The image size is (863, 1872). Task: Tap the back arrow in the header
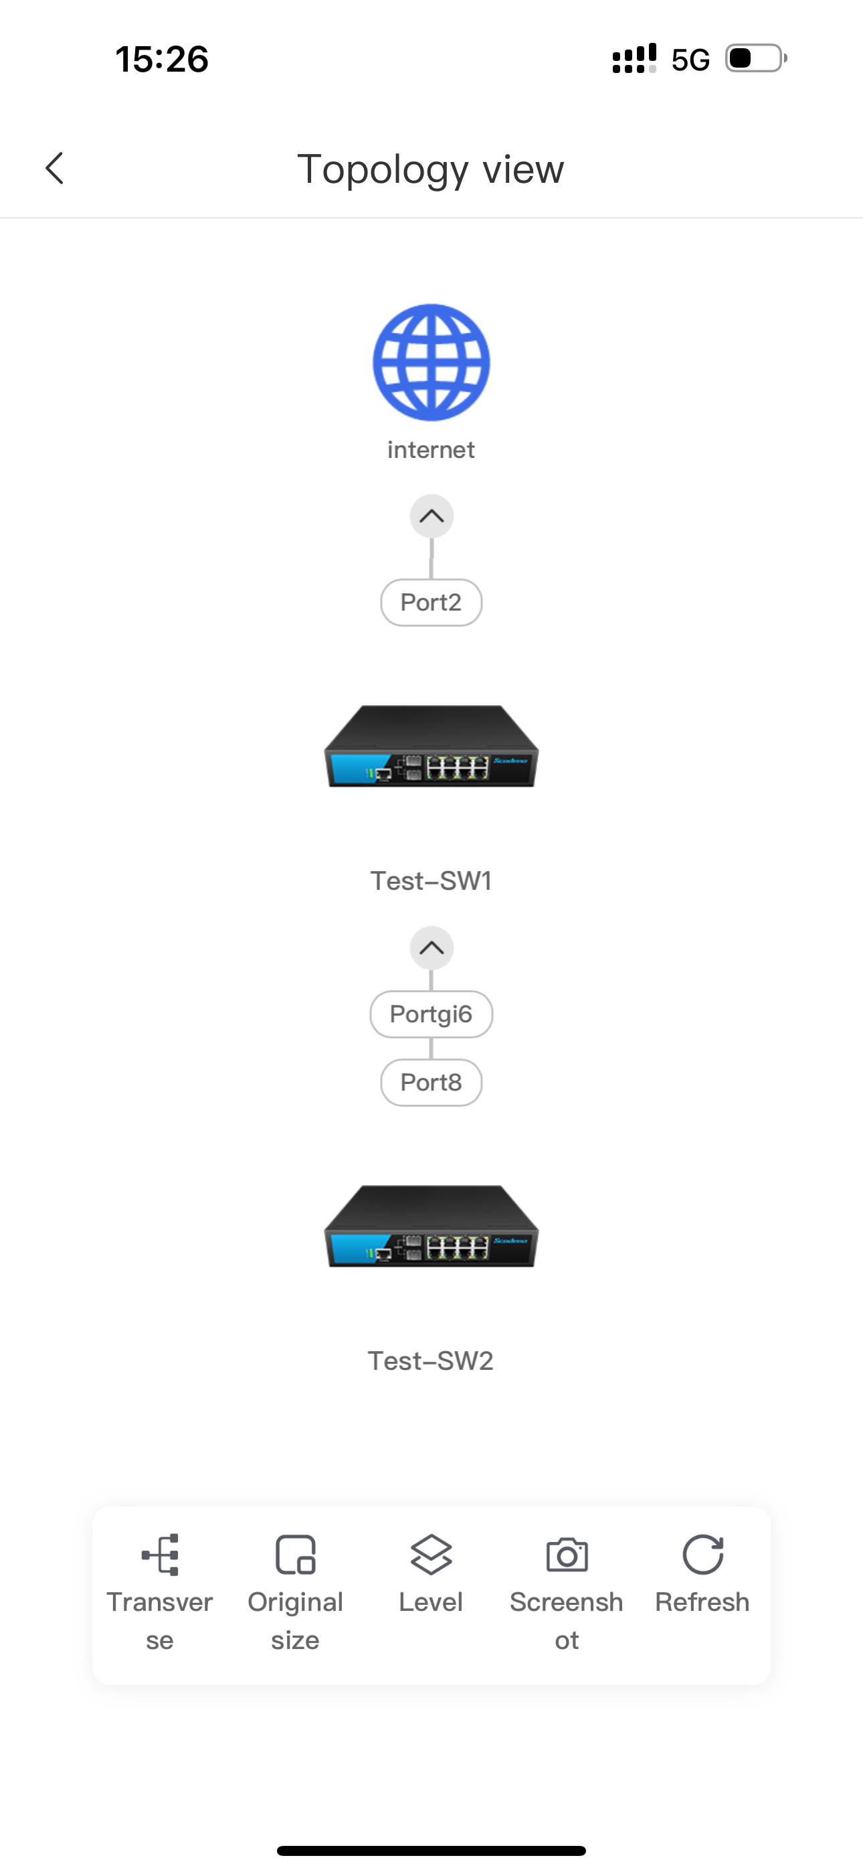point(54,169)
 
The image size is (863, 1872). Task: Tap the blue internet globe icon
point(431,362)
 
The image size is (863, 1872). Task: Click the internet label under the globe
point(431,450)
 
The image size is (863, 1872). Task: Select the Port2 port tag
point(431,603)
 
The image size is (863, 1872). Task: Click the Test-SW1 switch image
point(431,747)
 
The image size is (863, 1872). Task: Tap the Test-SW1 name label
point(431,881)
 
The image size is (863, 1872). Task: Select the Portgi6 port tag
point(431,1014)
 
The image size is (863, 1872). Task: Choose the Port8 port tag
point(431,1083)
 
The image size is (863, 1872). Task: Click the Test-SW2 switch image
point(431,1227)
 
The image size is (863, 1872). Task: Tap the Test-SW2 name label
point(431,1361)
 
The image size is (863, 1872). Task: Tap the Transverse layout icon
point(161,1555)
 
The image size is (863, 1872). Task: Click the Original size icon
point(296,1555)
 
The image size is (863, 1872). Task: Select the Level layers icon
point(431,1555)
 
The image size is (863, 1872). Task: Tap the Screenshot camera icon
point(567,1555)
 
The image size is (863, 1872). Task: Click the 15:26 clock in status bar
point(162,59)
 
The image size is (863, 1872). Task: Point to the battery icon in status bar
point(756,58)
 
